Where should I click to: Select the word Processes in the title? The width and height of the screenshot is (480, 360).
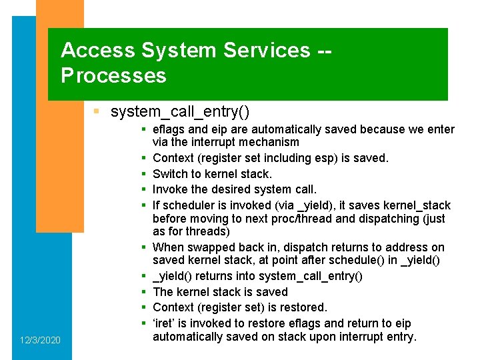113,75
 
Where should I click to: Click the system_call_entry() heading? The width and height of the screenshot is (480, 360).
180,111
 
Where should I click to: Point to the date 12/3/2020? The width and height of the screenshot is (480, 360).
39,341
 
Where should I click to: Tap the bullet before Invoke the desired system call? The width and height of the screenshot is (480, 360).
143,190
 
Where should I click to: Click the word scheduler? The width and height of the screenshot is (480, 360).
186,205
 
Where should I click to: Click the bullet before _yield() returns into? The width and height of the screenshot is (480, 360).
143,276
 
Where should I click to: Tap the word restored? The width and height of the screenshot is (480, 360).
305,307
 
